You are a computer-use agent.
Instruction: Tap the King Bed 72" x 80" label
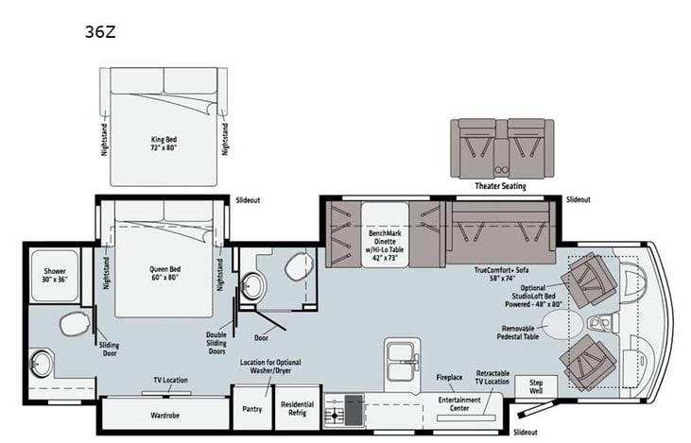click(x=164, y=144)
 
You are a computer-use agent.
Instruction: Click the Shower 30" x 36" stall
click(x=53, y=276)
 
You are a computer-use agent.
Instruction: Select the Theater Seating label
click(x=501, y=186)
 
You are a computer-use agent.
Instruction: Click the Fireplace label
click(x=449, y=377)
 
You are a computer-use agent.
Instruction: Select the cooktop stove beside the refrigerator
click(x=345, y=411)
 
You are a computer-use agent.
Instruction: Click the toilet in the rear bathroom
click(x=74, y=325)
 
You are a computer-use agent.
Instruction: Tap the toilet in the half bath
click(x=297, y=268)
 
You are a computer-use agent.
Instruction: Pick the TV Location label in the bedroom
click(x=171, y=380)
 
